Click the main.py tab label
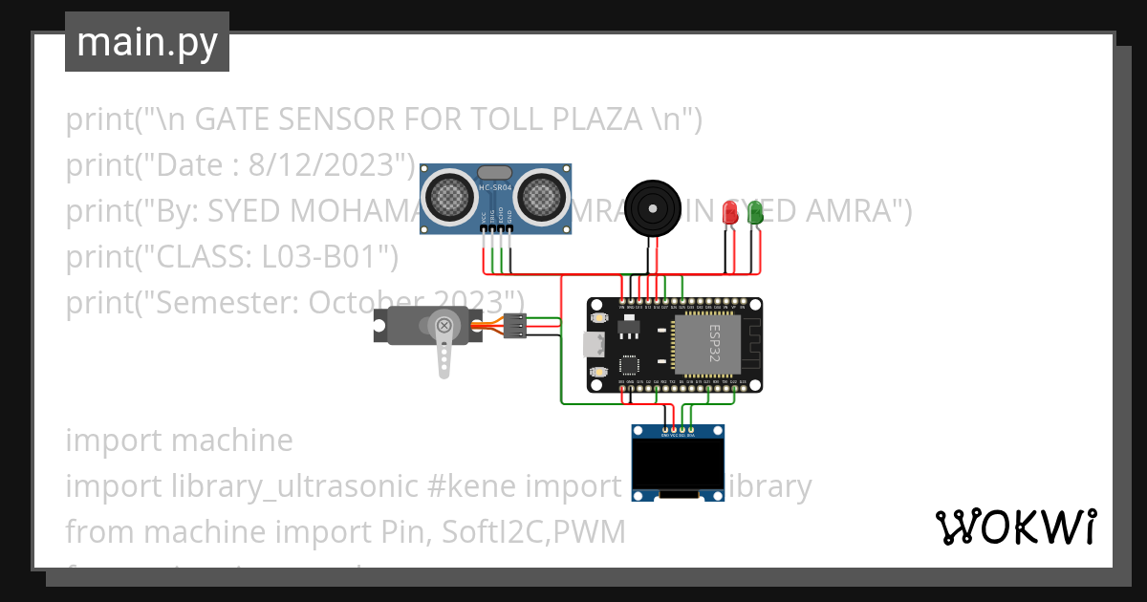tap(146, 42)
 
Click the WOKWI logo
tap(1015, 527)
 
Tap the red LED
tap(731, 212)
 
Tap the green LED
tap(755, 212)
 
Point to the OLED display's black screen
tap(677, 464)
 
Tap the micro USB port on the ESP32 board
tap(593, 345)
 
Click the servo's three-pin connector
tap(515, 326)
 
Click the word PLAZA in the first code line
tap(593, 119)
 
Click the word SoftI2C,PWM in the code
tap(533, 532)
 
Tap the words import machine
tap(179, 441)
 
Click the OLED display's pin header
tap(678, 435)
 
